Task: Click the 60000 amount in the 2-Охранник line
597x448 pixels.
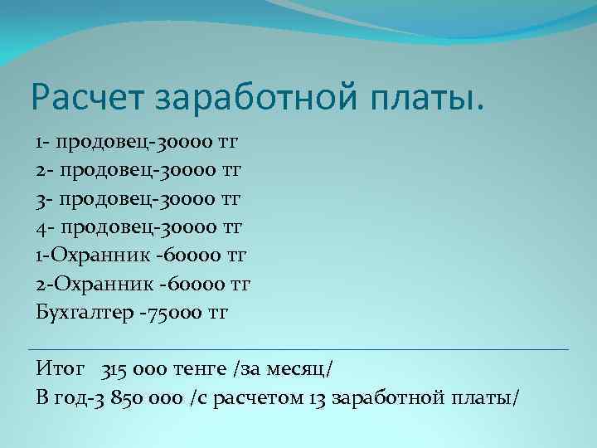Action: point(197,284)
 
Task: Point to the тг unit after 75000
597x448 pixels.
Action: point(216,313)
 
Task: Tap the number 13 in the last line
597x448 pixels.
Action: point(316,397)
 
